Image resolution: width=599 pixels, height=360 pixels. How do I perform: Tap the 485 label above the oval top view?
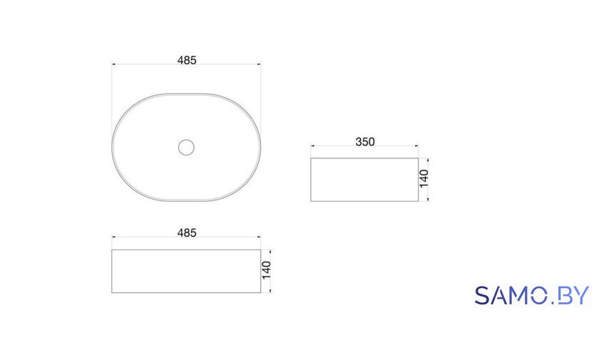pyautogui.click(x=187, y=61)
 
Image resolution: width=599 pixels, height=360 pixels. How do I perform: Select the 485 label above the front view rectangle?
pyautogui.click(x=187, y=233)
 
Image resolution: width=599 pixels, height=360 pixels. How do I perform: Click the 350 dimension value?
pyautogui.click(x=365, y=142)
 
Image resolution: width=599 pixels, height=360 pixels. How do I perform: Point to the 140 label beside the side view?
pyautogui.click(x=424, y=179)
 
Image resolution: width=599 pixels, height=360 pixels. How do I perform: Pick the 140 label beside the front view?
pyautogui.click(x=266, y=270)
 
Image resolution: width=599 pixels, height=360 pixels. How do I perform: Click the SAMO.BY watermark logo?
pyautogui.click(x=532, y=295)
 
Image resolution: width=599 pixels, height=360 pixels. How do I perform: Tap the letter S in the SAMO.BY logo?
pyautogui.click(x=482, y=295)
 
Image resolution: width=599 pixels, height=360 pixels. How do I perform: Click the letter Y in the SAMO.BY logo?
pyautogui.click(x=581, y=295)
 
